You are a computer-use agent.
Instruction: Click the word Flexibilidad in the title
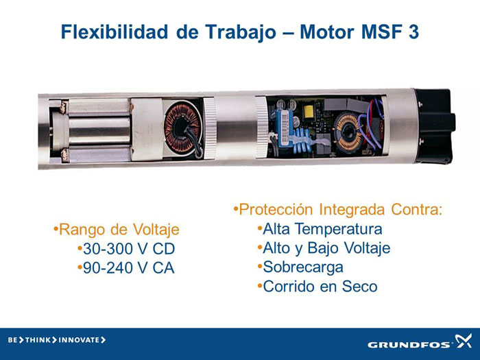pos(115,32)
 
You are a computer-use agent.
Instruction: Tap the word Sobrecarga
pos(303,267)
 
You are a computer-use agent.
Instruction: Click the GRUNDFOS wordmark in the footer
pos(409,345)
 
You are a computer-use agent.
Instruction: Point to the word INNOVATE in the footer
pos(79,340)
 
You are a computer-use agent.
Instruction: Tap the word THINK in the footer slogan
pos(38,340)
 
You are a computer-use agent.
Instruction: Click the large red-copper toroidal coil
pos(183,128)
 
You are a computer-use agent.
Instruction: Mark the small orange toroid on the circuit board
pos(348,132)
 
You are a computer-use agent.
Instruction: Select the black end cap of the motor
pos(434,126)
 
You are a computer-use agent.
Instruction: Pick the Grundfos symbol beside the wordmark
pos(464,341)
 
